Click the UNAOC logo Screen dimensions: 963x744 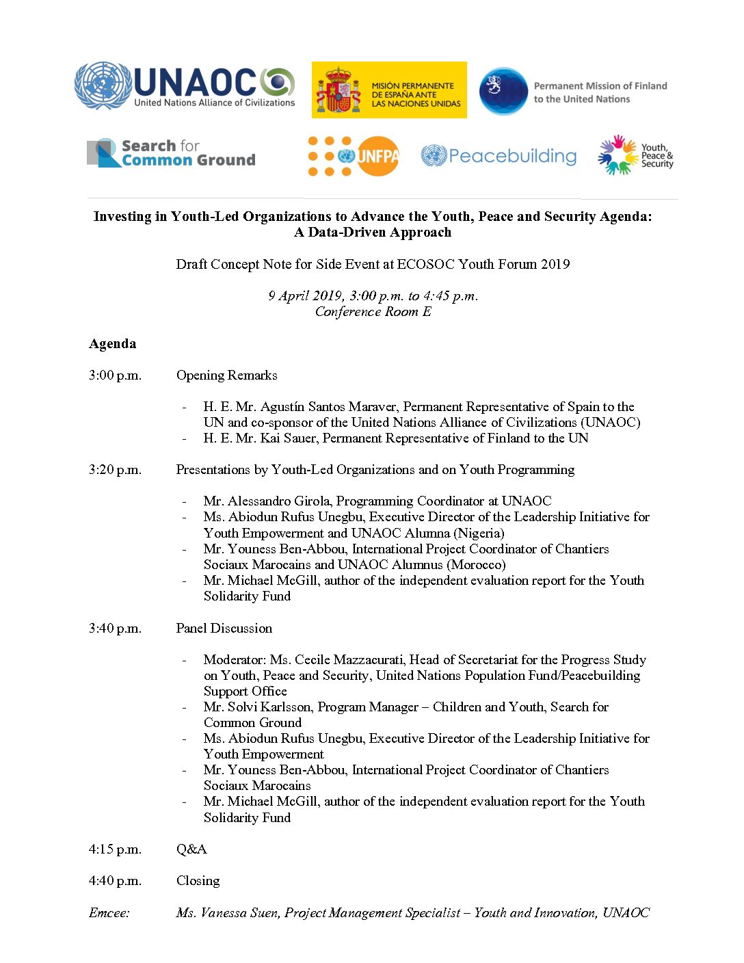[x=185, y=86]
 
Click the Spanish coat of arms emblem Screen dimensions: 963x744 [x=338, y=90]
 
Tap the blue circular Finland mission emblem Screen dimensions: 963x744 [x=503, y=91]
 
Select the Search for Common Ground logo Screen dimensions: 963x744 [x=172, y=153]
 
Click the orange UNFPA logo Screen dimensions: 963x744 [x=354, y=157]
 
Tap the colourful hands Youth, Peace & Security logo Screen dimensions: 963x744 [x=635, y=155]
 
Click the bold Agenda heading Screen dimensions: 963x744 [x=112, y=343]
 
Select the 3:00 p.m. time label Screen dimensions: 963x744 [x=115, y=375]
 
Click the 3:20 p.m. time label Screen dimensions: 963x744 [x=115, y=469]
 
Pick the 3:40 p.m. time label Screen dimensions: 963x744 [x=115, y=628]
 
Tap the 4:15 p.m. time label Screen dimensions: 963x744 [x=115, y=849]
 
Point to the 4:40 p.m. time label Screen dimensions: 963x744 [x=115, y=880]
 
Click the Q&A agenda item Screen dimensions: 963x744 [x=191, y=849]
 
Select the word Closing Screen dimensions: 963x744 [x=198, y=880]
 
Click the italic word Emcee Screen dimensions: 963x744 [x=109, y=912]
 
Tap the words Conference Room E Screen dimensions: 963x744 [x=373, y=312]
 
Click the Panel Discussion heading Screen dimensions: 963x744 [x=224, y=628]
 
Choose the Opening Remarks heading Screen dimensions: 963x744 [x=226, y=375]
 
